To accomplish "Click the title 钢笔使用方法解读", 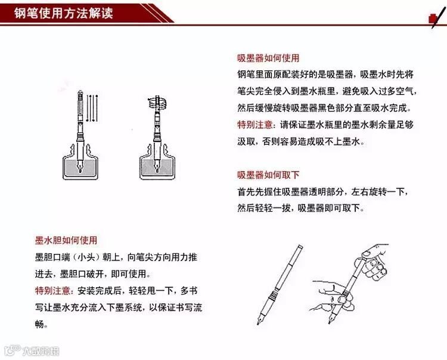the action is coord(64,13).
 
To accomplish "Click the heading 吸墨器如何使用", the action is coord(268,58).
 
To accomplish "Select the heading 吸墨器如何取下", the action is coord(268,175).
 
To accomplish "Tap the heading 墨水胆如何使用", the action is coord(66,240).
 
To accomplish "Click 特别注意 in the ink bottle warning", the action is coord(255,125).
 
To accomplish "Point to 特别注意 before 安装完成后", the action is coord(52,291).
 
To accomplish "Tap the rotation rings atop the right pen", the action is coord(157,103).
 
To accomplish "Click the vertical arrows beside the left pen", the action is coord(92,108).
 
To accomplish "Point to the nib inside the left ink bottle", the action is coord(80,166).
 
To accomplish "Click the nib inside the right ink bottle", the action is coord(157,166).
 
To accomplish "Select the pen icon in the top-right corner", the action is coord(437,17).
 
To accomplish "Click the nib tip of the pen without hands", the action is coord(258,324).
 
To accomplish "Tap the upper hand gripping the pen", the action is coord(371,262).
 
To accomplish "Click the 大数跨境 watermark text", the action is coord(41,351).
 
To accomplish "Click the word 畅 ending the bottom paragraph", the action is coord(39,324).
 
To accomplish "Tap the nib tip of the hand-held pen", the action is coord(330,322).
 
